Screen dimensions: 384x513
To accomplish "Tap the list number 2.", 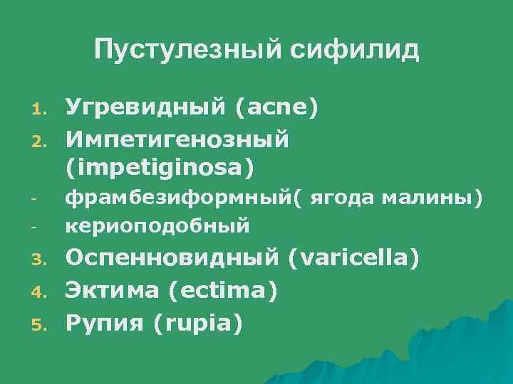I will pyautogui.click(x=39, y=141).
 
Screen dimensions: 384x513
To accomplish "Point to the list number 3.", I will pyautogui.click(x=39, y=259).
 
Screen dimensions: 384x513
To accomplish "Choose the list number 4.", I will pyautogui.click(x=39, y=292).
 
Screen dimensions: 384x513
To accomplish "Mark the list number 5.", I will pyautogui.click(x=39, y=324).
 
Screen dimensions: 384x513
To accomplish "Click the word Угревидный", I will pyautogui.click(x=142, y=108).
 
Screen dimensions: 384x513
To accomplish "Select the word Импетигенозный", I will pyautogui.click(x=177, y=139).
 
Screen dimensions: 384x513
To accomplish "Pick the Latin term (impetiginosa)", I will pyautogui.click(x=160, y=168).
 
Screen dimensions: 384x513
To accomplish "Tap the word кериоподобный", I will pyautogui.click(x=157, y=226).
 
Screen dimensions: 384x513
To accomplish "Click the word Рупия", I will pyautogui.click(x=105, y=323).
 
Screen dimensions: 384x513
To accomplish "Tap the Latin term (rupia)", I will pyautogui.click(x=197, y=323).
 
